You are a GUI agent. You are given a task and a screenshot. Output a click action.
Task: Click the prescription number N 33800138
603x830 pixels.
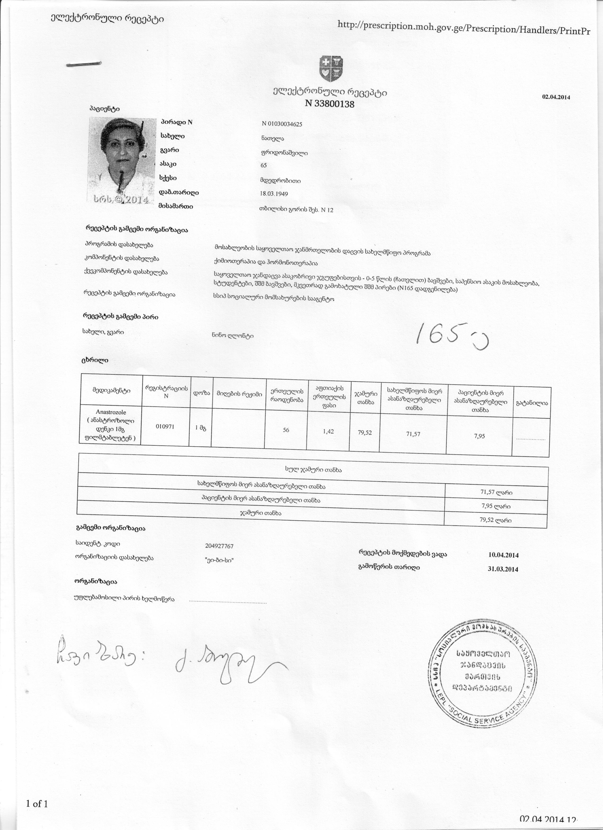click(330, 104)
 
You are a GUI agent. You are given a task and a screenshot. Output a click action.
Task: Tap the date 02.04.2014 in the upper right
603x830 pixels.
click(556, 97)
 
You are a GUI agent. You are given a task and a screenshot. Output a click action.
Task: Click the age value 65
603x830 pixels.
click(264, 165)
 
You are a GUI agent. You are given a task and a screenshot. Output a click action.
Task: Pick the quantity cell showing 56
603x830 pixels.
click(286, 430)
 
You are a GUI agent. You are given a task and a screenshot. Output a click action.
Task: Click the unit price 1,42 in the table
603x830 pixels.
click(328, 431)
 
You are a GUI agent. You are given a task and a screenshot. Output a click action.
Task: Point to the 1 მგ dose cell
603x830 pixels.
click(200, 428)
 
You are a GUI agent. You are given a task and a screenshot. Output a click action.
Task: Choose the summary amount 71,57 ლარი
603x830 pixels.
click(496, 493)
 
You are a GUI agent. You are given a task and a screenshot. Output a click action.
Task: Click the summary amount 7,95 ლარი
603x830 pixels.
click(496, 506)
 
